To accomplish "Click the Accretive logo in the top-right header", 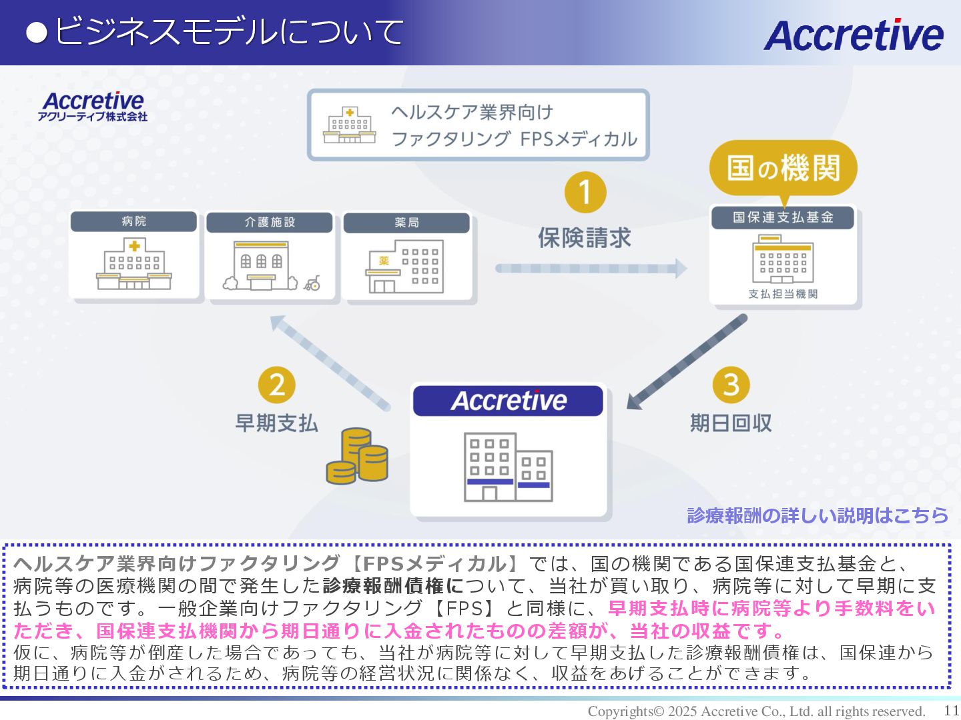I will [x=853, y=35].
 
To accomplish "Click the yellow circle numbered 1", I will [x=585, y=193].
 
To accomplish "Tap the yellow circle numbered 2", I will [x=277, y=385].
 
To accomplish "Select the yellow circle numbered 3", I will [x=731, y=385].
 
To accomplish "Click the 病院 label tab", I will [x=133, y=221].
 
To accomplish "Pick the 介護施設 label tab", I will [x=270, y=222].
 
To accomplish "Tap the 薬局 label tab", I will [x=406, y=223].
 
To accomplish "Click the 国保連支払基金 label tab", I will [x=783, y=217].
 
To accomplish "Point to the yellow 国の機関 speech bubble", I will [x=783, y=167].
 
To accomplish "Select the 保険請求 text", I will [x=585, y=238].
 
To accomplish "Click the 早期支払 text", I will [x=276, y=423].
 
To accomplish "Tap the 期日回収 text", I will [x=731, y=423].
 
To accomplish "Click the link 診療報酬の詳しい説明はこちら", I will [x=818, y=515].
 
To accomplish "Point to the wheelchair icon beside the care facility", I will [x=312, y=284].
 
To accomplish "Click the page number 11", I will [x=951, y=711].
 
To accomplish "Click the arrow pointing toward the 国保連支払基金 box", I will [x=591, y=268].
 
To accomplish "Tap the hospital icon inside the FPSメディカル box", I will [x=350, y=125].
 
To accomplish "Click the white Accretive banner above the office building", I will [x=508, y=401].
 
